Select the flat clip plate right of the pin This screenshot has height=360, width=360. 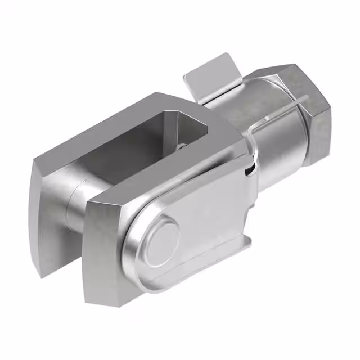[x=214, y=219]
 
